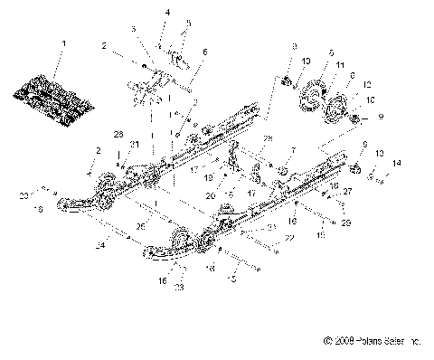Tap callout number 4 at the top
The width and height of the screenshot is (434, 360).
(x=167, y=12)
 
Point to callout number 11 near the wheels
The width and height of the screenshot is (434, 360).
(x=339, y=66)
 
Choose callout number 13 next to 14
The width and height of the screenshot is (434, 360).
(x=380, y=153)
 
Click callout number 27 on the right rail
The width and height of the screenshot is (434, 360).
(x=349, y=191)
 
